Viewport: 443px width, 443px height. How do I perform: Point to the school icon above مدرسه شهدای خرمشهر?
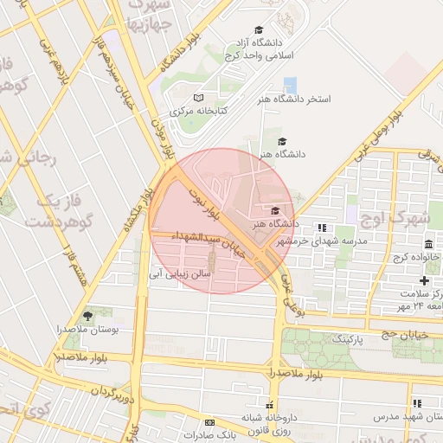pyautogui.click(x=321, y=228)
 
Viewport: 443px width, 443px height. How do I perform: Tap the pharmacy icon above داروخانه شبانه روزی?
pyautogui.click(x=270, y=405)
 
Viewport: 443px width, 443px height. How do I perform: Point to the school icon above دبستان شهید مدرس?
pyautogui.click(x=418, y=403)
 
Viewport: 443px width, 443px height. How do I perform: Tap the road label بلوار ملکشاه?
pyautogui.click(x=131, y=211)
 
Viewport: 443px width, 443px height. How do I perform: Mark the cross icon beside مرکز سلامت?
pyautogui.click(x=424, y=280)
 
